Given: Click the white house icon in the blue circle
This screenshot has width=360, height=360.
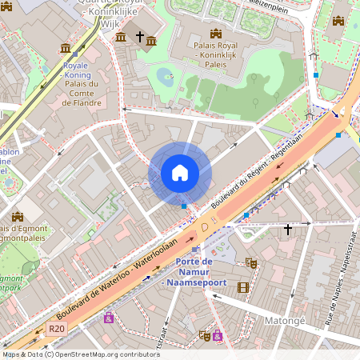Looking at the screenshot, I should (180, 173).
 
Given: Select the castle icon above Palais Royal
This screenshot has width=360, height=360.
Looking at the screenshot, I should (214, 33).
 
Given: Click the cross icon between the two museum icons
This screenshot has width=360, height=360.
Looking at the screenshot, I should (139, 37).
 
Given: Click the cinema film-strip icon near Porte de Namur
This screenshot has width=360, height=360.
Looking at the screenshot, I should (243, 287).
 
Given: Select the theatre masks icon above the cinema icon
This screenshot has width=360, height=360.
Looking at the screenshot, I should (250, 262).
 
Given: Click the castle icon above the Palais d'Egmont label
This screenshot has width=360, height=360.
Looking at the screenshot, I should (18, 215).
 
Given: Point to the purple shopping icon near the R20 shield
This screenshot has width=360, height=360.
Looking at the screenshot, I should (108, 318).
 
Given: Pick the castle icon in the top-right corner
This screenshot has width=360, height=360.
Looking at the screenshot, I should (338, 21).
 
